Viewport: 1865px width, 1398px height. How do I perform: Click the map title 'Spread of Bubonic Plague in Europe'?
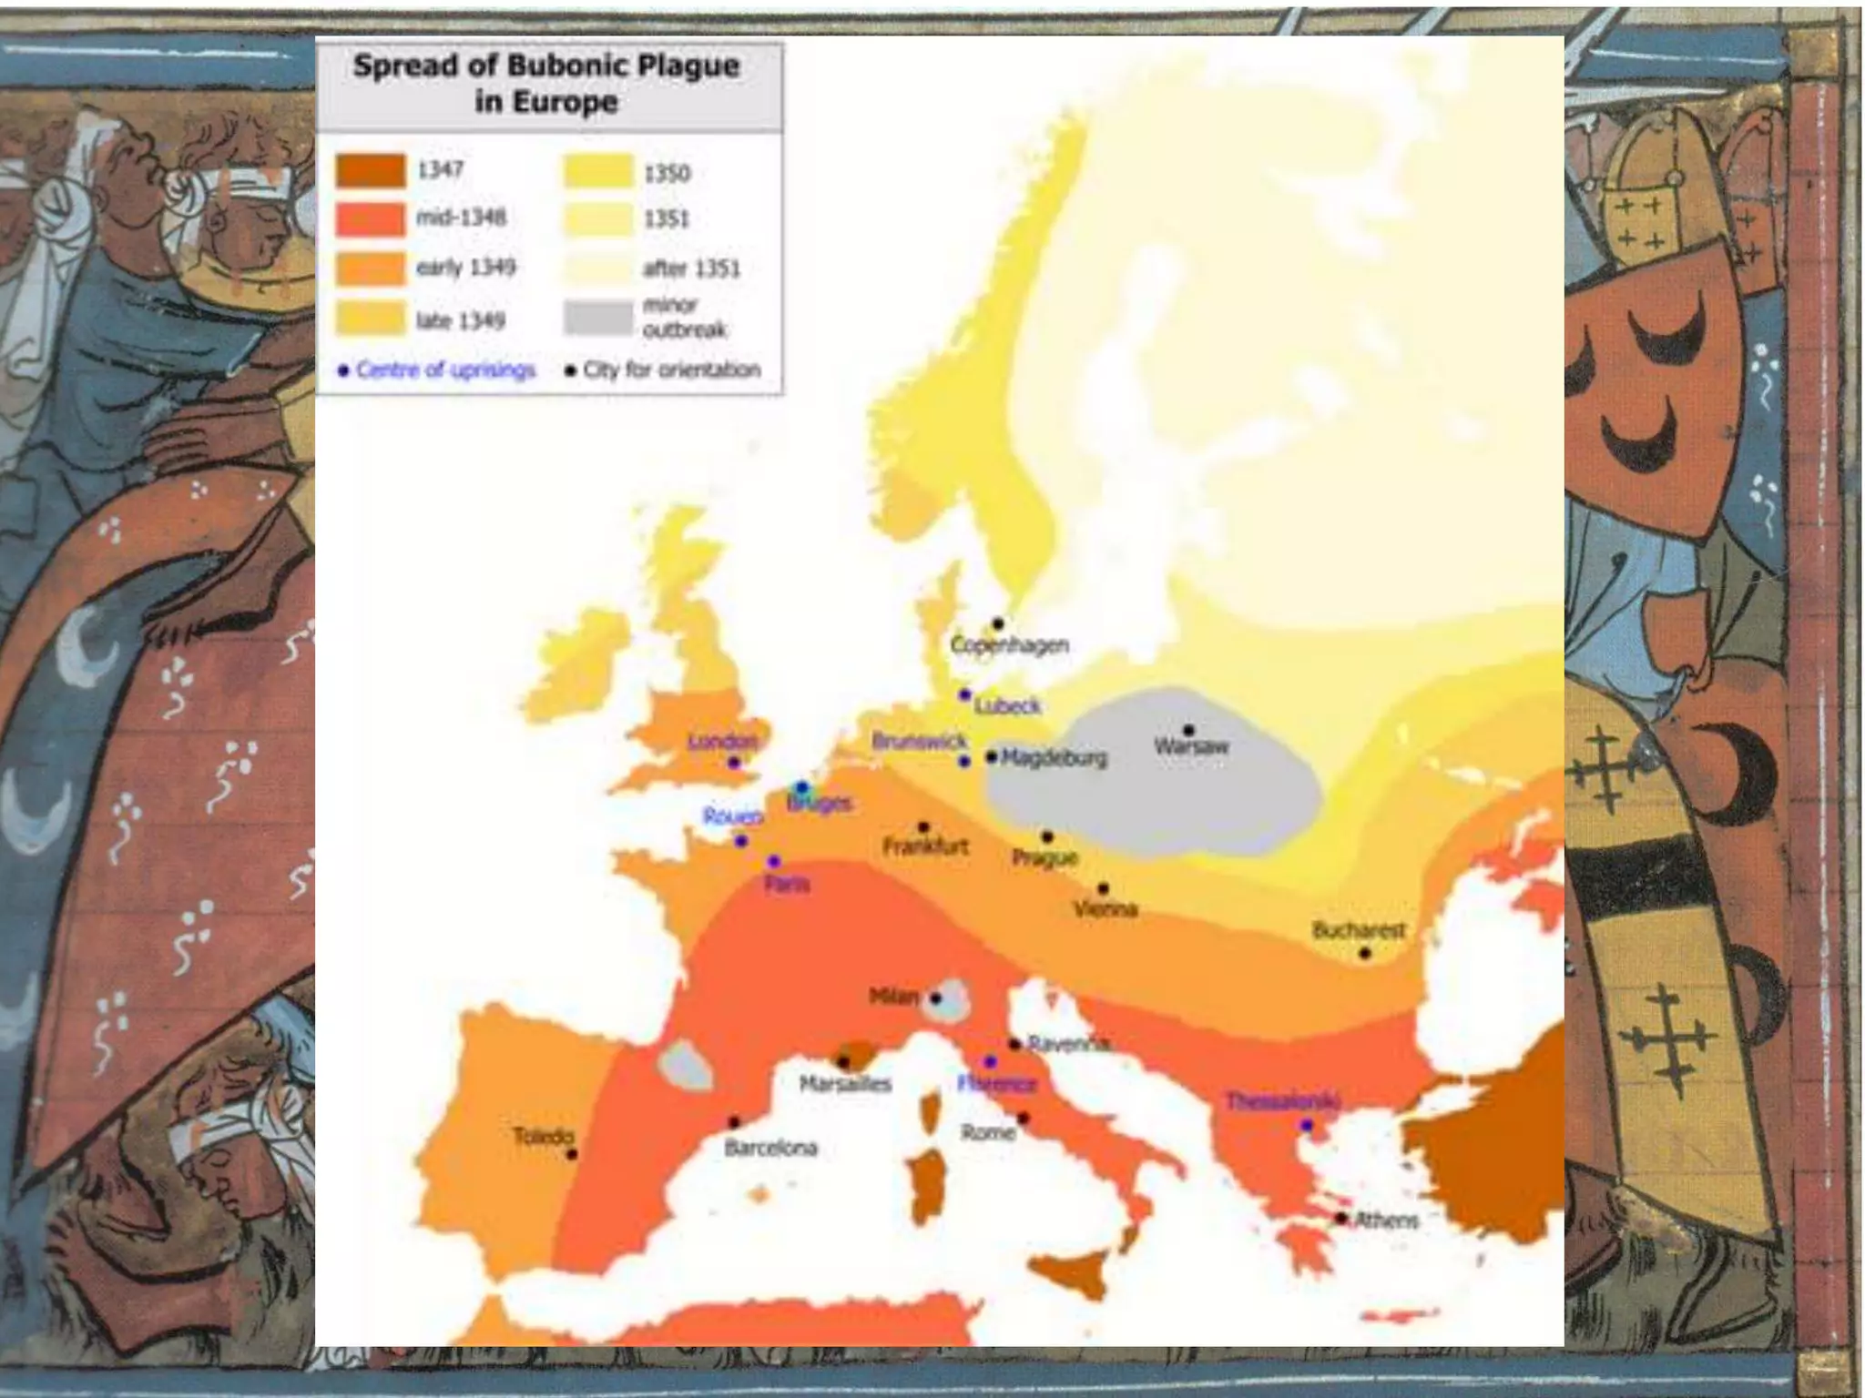[x=546, y=83]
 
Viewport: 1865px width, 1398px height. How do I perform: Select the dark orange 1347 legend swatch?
[x=371, y=170]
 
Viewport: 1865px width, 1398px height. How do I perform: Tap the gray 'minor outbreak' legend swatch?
[x=597, y=318]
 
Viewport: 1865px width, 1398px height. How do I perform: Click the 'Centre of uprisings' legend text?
[x=445, y=370]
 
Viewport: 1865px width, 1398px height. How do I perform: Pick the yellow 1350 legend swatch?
[x=597, y=171]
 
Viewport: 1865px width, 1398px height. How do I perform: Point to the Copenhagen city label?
[x=1009, y=645]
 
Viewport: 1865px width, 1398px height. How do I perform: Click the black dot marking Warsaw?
[x=1188, y=731]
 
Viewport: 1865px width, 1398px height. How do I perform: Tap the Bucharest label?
[x=1359, y=930]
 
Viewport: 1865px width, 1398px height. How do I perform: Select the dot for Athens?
[x=1341, y=1218]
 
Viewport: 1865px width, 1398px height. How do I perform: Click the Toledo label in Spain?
[x=544, y=1136]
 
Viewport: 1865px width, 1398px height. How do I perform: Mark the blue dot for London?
[x=734, y=763]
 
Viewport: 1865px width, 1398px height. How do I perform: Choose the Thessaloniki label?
[x=1282, y=1101]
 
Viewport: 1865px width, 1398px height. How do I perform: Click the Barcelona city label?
[x=770, y=1148]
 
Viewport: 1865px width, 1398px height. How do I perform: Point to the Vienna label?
[x=1106, y=909]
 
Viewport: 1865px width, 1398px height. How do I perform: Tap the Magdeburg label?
[x=1055, y=757]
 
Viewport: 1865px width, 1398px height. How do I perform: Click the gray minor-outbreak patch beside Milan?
[x=953, y=999]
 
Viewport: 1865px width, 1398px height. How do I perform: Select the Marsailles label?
[x=845, y=1084]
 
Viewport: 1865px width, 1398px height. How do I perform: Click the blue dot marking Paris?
[x=774, y=861]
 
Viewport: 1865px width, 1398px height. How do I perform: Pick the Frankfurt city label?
[x=925, y=847]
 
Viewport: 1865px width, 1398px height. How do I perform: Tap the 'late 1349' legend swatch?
[x=371, y=319]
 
